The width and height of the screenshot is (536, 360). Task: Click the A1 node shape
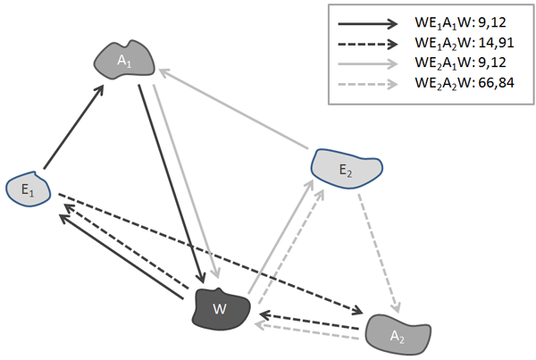(x=126, y=60)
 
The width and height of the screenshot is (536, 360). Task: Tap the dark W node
(x=219, y=308)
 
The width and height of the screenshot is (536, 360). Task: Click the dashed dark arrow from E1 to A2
(x=205, y=252)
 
